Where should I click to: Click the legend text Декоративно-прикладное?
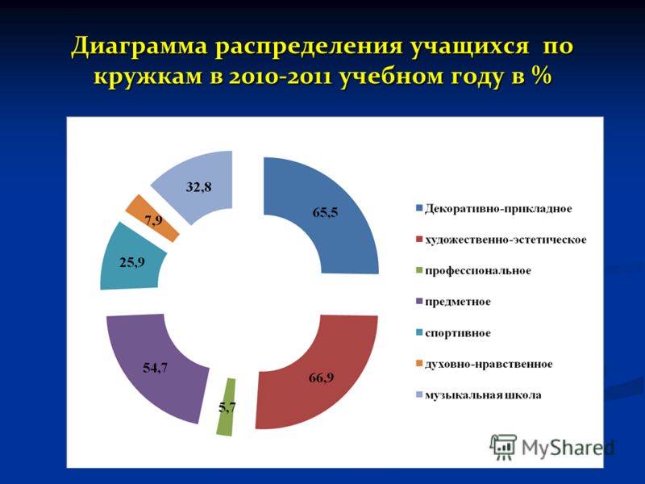498,209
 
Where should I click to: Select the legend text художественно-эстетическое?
506,240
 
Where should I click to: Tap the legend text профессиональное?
478,271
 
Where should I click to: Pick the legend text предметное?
458,302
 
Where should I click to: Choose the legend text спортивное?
458,333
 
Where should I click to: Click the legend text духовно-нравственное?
489,364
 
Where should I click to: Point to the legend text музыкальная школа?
483,395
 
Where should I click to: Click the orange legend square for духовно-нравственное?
419,364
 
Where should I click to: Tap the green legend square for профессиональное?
419,270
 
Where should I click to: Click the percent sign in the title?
540,76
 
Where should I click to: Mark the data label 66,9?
321,377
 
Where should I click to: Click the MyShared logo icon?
502,447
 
